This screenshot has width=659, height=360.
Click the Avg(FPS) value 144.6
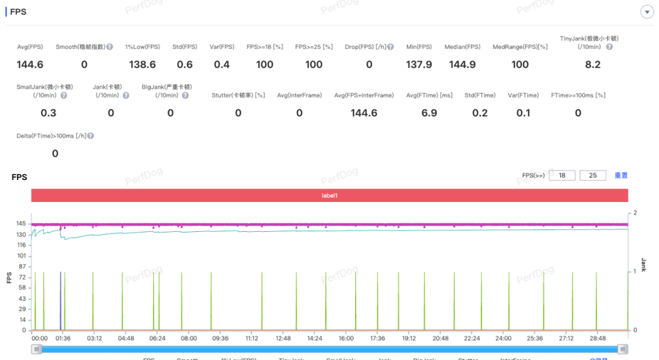30,64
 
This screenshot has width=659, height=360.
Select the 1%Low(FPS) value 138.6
142,64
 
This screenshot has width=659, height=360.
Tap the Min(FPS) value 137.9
419,64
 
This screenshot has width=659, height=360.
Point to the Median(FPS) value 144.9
462,64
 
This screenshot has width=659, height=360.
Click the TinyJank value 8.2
592,64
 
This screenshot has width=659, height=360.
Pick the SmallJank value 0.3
48,113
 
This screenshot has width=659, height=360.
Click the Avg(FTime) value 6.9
429,113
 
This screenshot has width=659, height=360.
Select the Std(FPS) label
185,47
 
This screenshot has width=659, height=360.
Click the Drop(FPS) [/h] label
368,47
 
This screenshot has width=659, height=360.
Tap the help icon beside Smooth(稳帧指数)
110,47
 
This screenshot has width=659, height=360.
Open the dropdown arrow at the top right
647,12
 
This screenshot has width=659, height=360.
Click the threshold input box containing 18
562,176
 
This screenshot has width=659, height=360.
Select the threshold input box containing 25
592,176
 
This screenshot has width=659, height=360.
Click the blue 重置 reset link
621,176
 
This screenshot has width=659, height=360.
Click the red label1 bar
329,195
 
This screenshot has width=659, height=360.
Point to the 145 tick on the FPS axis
21,223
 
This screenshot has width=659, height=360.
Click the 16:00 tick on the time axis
346,339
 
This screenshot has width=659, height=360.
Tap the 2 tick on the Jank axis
635,213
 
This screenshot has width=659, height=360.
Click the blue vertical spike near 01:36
60,300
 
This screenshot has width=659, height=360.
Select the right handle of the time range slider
622,349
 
